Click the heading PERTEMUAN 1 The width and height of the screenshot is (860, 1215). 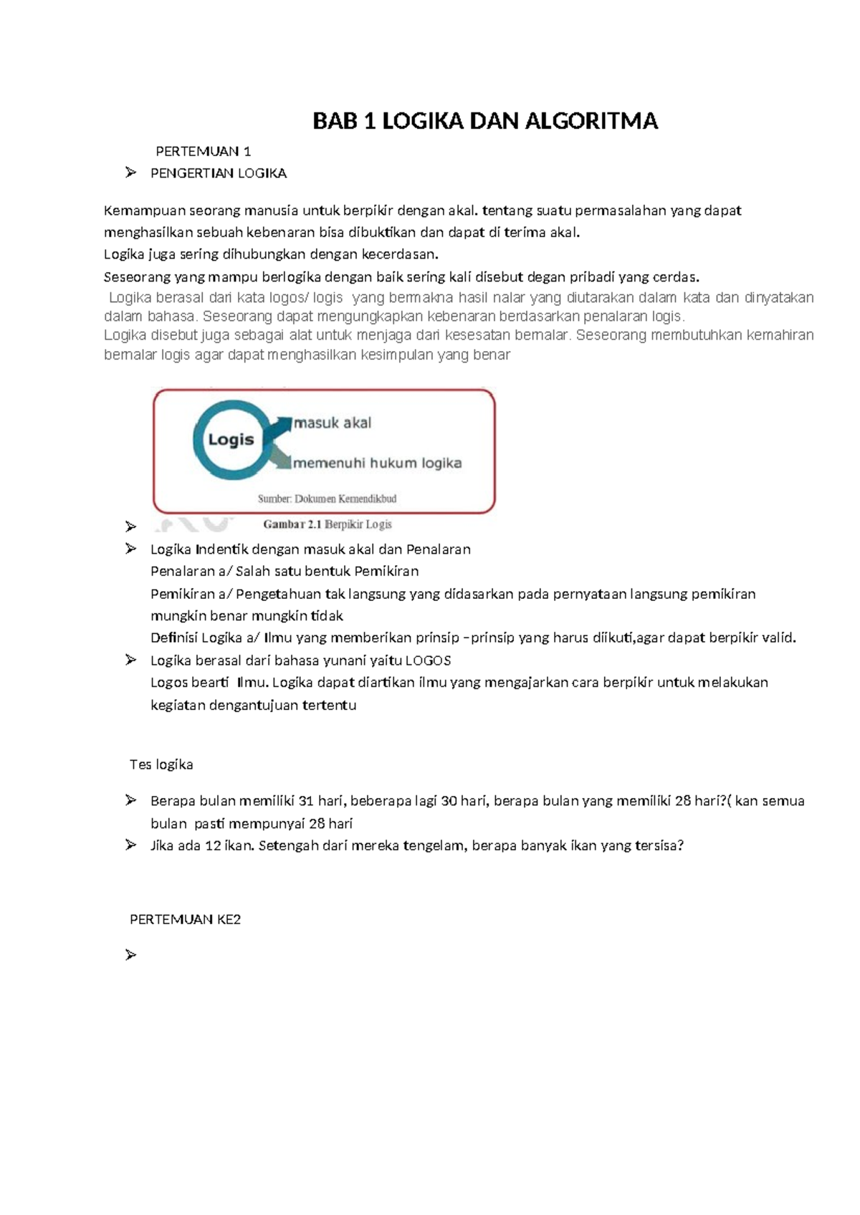pos(203,151)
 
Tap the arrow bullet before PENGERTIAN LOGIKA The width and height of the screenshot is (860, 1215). pos(130,173)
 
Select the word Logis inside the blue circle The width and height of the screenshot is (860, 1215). pos(231,439)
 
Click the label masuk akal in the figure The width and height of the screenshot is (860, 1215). pos(333,423)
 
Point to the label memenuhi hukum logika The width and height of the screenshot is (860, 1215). pos(377,463)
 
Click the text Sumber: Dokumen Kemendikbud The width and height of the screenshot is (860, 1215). pos(327,499)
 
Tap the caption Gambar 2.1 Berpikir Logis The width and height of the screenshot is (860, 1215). pos(328,524)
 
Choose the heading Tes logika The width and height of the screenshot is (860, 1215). pos(161,764)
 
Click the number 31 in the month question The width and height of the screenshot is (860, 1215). pos(306,801)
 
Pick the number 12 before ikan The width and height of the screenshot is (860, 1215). pos(213,845)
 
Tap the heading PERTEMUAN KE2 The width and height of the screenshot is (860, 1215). pos(185,919)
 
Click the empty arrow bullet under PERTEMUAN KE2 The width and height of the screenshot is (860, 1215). pos(130,955)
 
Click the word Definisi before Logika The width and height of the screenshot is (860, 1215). pos(174,638)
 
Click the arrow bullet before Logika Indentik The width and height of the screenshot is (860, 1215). pos(130,549)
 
